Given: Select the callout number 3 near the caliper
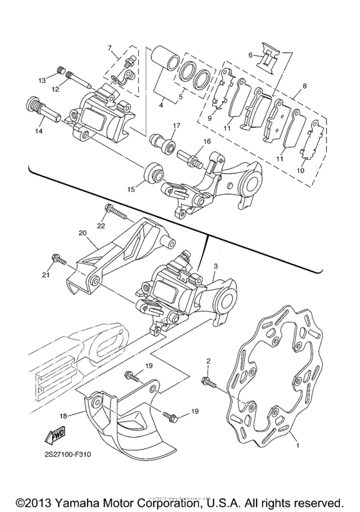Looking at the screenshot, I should [216, 265].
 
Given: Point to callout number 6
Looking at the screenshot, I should [251, 56].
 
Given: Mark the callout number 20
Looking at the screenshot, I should [82, 233].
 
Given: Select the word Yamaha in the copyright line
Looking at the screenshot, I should [76, 500].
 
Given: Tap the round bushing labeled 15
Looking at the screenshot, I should [154, 173].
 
